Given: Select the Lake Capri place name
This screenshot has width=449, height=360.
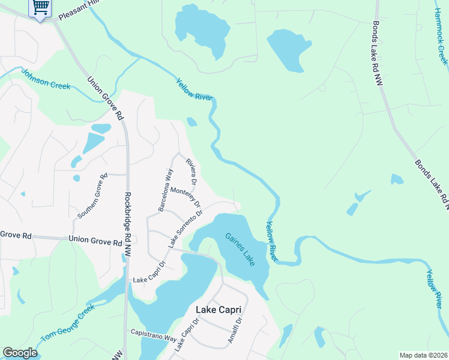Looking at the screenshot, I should coord(219,310).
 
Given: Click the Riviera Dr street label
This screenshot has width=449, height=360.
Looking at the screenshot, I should coord(192,171).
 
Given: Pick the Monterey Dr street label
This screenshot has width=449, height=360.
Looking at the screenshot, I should coord(185,197).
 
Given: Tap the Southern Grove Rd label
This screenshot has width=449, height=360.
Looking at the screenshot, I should coord(92,196).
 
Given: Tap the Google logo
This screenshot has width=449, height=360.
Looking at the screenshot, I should coord(20,353).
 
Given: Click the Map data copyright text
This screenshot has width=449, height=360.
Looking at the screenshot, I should coord(424,355).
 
